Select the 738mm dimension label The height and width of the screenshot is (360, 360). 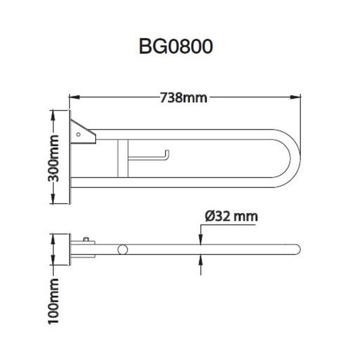click(184, 97)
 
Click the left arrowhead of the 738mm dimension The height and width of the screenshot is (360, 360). click(73, 97)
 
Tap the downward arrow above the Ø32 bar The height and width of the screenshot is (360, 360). click(201, 240)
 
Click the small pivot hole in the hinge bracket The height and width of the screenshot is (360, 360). click(78, 134)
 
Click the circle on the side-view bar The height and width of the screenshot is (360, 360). click(122, 249)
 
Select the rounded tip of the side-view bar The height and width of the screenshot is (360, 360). click(297, 249)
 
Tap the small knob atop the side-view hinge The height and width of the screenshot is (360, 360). click(86, 239)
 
